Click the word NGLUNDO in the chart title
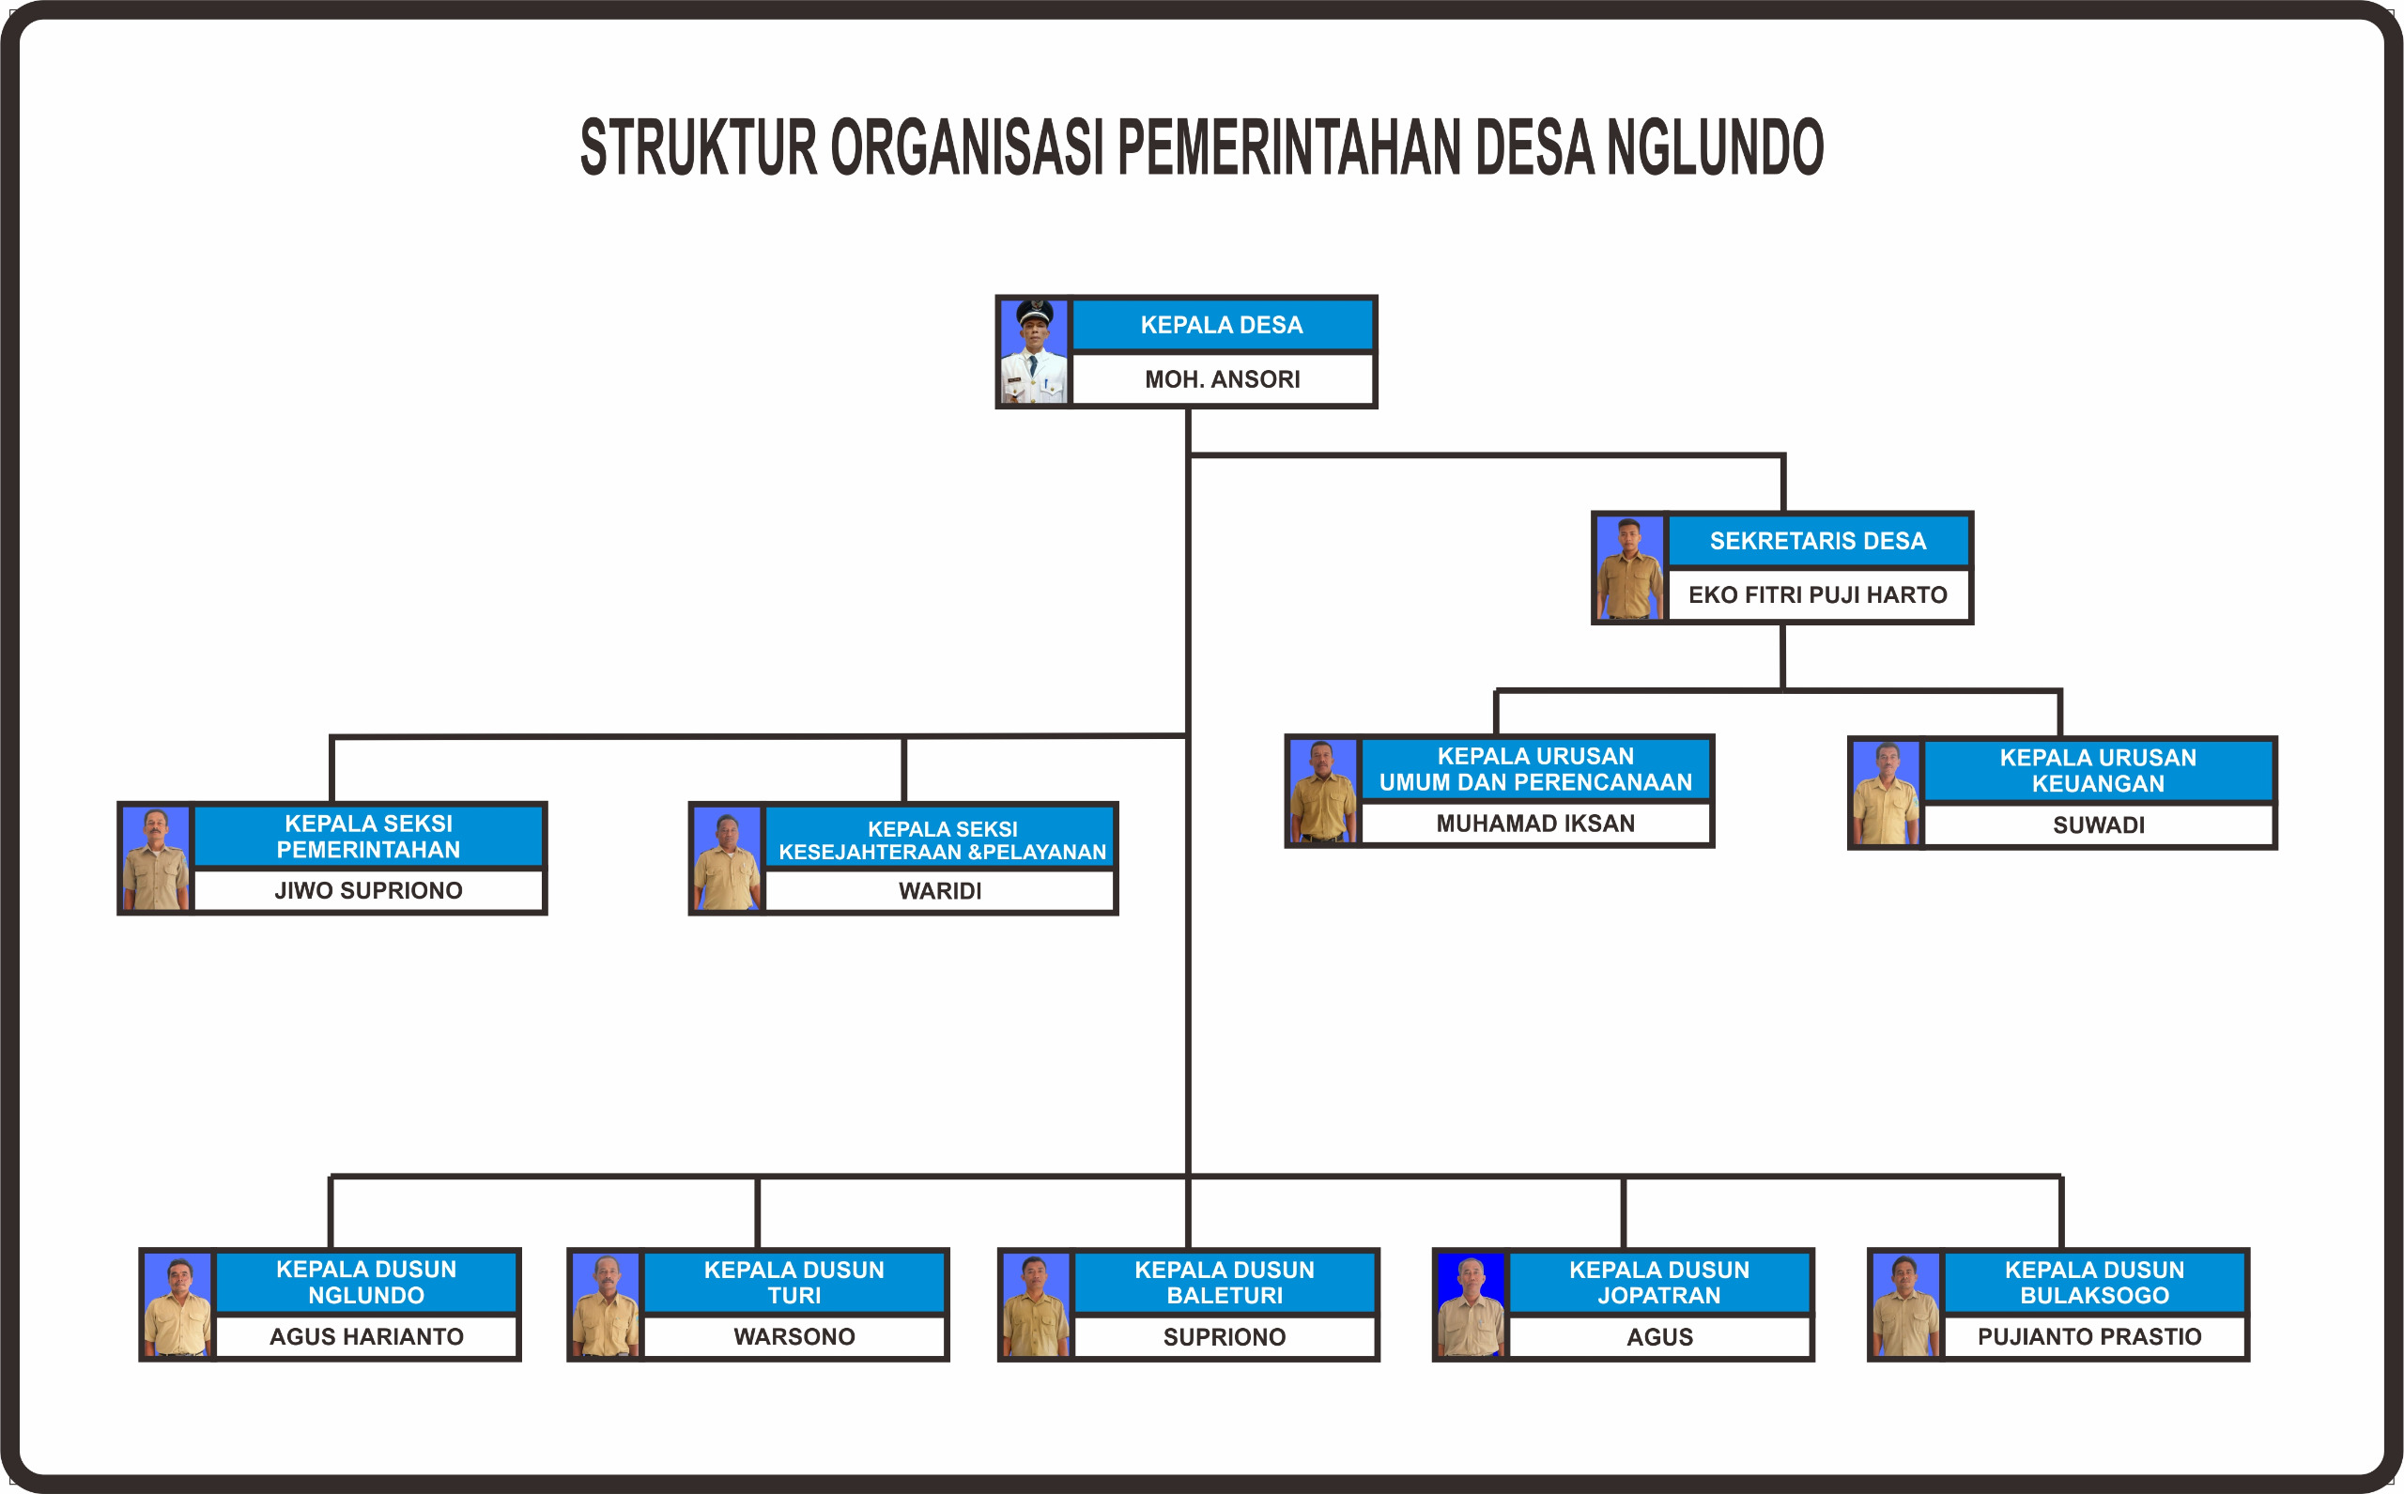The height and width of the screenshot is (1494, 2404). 1715,147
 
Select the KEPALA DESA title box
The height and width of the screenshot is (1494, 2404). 1223,325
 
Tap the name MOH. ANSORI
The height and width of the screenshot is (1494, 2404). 1223,379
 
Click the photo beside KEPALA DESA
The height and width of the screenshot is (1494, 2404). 1034,352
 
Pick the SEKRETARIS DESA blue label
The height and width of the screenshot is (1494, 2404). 1818,541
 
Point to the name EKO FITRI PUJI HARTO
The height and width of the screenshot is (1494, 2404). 1818,594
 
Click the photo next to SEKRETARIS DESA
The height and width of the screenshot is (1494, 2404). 1629,568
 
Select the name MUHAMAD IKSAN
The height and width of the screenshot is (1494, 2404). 1535,824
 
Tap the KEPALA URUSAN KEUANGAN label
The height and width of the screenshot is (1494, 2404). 2098,771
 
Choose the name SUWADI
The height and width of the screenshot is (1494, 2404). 2099,825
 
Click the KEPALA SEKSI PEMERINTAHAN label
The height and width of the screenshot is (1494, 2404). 368,836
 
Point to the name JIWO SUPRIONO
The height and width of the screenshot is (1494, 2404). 368,890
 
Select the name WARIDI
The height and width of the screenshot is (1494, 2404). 940,891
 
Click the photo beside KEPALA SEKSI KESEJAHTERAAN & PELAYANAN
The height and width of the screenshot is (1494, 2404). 726,859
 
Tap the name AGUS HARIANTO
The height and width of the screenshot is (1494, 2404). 366,1337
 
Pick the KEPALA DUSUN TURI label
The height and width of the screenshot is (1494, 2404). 794,1283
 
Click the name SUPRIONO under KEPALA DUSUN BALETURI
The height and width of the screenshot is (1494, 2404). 1225,1337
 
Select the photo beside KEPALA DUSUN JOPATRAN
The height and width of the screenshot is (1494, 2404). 1472,1305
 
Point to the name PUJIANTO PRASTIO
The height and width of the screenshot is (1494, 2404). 2089,1337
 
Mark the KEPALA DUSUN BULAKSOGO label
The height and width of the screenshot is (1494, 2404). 2095,1283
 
